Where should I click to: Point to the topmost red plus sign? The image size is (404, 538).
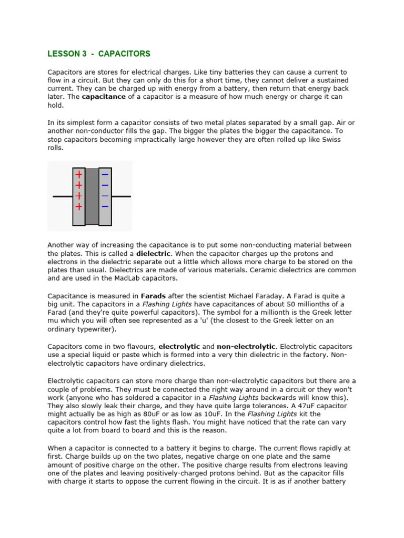pos(79,174)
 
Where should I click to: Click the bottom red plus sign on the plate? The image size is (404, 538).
pos(79,206)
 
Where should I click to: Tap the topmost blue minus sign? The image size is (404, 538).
pos(105,174)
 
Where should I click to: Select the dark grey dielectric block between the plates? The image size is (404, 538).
pos(92,196)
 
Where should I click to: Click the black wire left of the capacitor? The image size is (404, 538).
pos(62,197)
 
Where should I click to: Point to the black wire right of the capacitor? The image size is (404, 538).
pos(121,197)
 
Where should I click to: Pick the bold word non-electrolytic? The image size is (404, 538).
pos(246,347)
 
